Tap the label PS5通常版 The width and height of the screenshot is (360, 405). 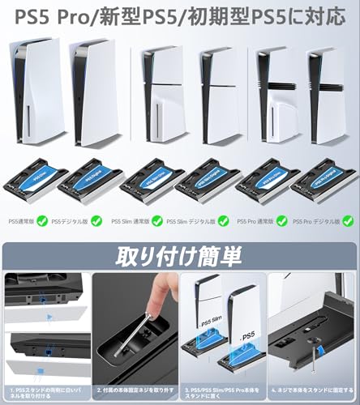tap(21, 220)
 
